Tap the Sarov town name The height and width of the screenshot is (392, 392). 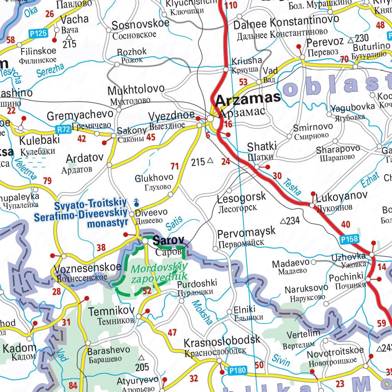click(168, 241)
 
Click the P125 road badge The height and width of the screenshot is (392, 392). click(38, 33)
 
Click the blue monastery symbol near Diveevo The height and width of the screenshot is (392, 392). click(136, 201)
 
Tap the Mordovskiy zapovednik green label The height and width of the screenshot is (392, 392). click(158, 272)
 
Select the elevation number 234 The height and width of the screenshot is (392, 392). click(293, 221)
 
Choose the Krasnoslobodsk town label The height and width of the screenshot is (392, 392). click(222, 340)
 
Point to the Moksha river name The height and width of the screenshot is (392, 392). click(202, 312)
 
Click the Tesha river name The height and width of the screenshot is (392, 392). click(292, 187)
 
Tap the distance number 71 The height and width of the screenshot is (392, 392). click(175, 166)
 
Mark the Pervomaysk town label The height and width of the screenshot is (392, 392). click(246, 232)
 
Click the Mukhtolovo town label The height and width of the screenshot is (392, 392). click(136, 91)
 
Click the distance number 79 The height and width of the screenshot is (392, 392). click(47, 181)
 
